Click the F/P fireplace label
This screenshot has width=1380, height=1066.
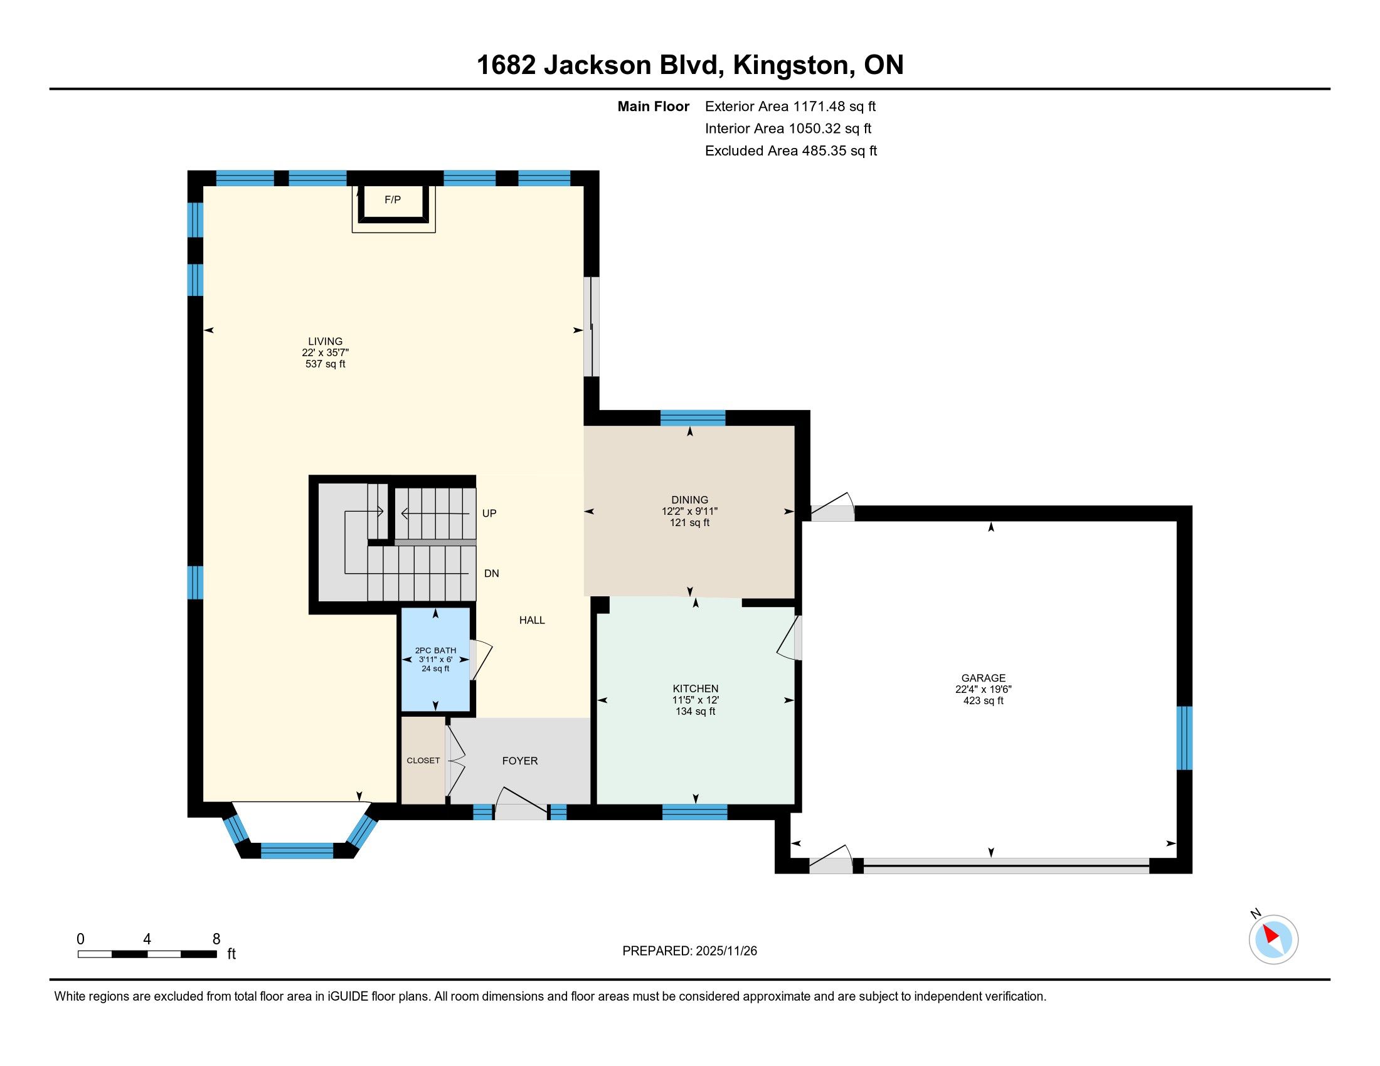tap(393, 199)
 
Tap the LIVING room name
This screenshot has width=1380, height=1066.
tap(326, 341)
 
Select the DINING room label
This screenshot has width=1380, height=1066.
tap(690, 500)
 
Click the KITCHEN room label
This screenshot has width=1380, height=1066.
tap(695, 689)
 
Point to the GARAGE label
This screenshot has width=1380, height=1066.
tap(983, 678)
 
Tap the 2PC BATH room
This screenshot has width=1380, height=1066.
tap(435, 659)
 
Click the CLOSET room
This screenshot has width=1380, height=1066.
tap(423, 761)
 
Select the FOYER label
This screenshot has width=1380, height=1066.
tap(520, 761)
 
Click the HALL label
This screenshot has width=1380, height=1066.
tap(532, 620)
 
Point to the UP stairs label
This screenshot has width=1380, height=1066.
tap(489, 514)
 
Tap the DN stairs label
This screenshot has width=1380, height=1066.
tap(492, 573)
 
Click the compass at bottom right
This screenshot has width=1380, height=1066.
tap(1273, 939)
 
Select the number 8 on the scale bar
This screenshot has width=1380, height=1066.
tap(216, 939)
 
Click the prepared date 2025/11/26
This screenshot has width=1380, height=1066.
tap(726, 951)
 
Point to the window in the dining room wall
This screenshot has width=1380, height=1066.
tap(693, 418)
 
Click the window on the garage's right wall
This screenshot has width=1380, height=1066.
tap(1184, 737)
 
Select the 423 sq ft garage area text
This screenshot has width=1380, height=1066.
tap(983, 700)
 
